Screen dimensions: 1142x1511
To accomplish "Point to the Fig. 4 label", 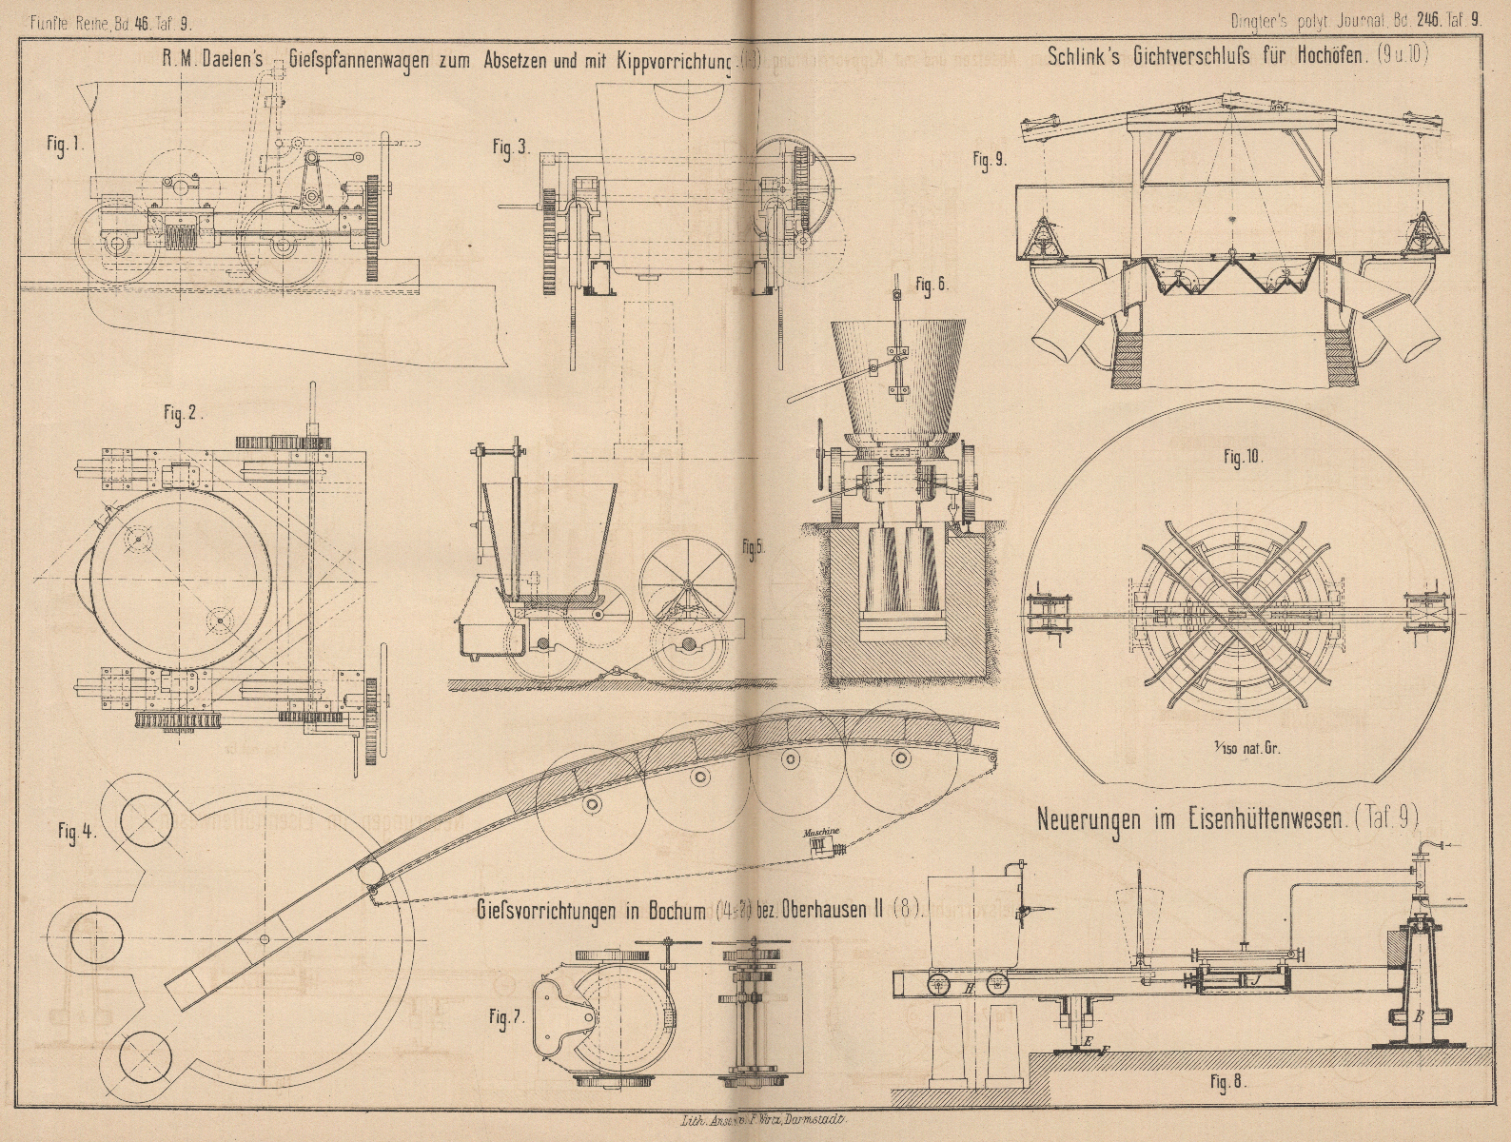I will pyautogui.click(x=74, y=828).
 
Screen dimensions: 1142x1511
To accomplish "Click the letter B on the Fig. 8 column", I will pyautogui.click(x=1419, y=1017).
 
